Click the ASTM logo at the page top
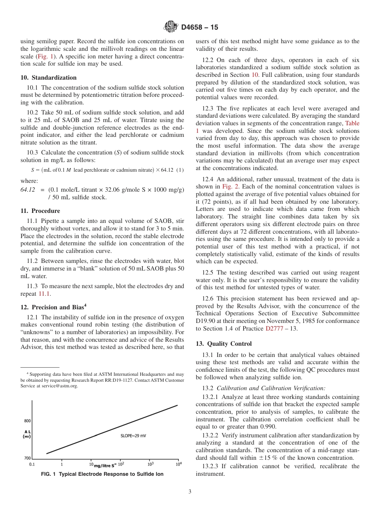point(171,27)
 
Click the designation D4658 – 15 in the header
point(200,28)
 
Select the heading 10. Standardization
point(48,78)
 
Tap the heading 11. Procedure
point(40,211)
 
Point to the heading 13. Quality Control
point(224,344)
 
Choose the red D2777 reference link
point(274,329)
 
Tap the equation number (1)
point(180,170)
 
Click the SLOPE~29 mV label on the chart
point(133,436)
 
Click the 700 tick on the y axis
point(27,458)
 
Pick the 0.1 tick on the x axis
point(32,465)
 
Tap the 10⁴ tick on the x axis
point(179,464)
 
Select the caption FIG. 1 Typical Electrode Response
point(102,474)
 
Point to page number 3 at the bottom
point(190,492)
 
